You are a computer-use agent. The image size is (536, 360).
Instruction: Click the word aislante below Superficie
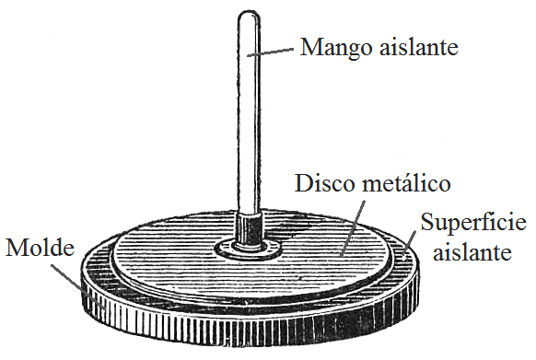473,250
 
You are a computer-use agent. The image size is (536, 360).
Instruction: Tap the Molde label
36,249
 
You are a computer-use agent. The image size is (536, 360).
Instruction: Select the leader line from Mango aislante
274,52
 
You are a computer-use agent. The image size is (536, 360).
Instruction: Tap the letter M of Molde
14,249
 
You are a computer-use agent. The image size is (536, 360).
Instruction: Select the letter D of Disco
303,182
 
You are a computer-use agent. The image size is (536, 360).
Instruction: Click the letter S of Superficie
427,223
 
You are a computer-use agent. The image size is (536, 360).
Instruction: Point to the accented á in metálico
405,182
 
